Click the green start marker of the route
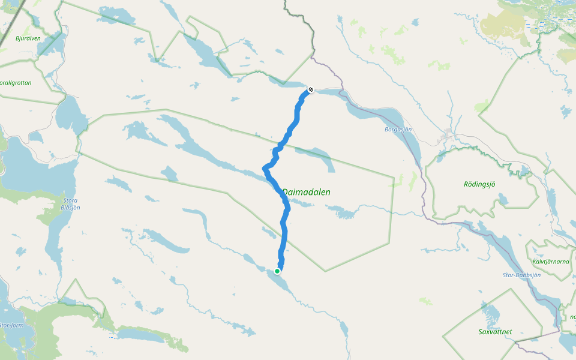click(277, 271)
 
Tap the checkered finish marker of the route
click(311, 90)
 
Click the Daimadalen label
click(306, 192)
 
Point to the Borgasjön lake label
click(398, 129)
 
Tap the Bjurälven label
click(28, 38)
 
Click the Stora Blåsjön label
click(71, 204)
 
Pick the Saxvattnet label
click(495, 331)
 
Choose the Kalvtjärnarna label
click(550, 262)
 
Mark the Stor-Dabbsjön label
click(521, 275)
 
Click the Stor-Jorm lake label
click(10, 325)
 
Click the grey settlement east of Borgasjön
click(447, 135)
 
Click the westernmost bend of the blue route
click(265, 169)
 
